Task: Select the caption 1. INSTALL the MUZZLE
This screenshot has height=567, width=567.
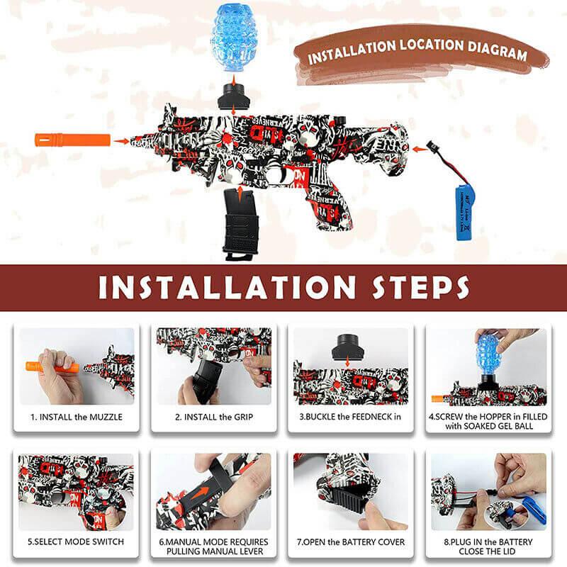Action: [x=76, y=417]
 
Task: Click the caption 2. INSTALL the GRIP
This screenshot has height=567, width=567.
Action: [x=213, y=417]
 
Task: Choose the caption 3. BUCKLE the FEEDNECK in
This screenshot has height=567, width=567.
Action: [x=350, y=417]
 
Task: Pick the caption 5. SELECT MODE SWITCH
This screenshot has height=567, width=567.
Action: [x=76, y=541]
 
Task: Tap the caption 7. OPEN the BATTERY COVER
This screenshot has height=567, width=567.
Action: [x=350, y=541]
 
